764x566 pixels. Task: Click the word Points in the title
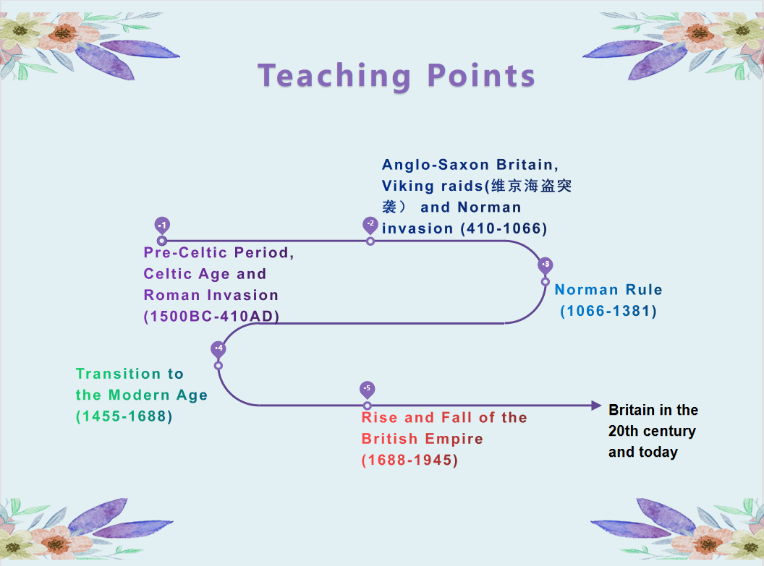coord(481,76)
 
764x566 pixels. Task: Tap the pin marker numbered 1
coord(162,226)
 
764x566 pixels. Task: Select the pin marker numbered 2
coord(370,225)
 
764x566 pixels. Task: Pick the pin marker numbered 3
coord(546,266)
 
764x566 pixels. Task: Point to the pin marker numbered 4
coord(218,349)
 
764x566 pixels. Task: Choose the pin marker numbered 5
coord(368,390)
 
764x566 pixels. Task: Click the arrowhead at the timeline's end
coord(596,406)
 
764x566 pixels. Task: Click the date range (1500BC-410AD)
coord(211,317)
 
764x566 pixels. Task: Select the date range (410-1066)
coord(504,228)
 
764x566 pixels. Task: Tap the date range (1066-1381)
coord(608,311)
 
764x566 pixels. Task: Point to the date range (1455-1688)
coord(124,416)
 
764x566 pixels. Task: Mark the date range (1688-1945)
coord(409,460)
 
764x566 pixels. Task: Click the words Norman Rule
coord(608,290)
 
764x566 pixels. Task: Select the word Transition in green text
coord(119,374)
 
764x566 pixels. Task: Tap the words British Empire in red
coord(423,439)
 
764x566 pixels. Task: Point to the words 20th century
coord(652,432)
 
